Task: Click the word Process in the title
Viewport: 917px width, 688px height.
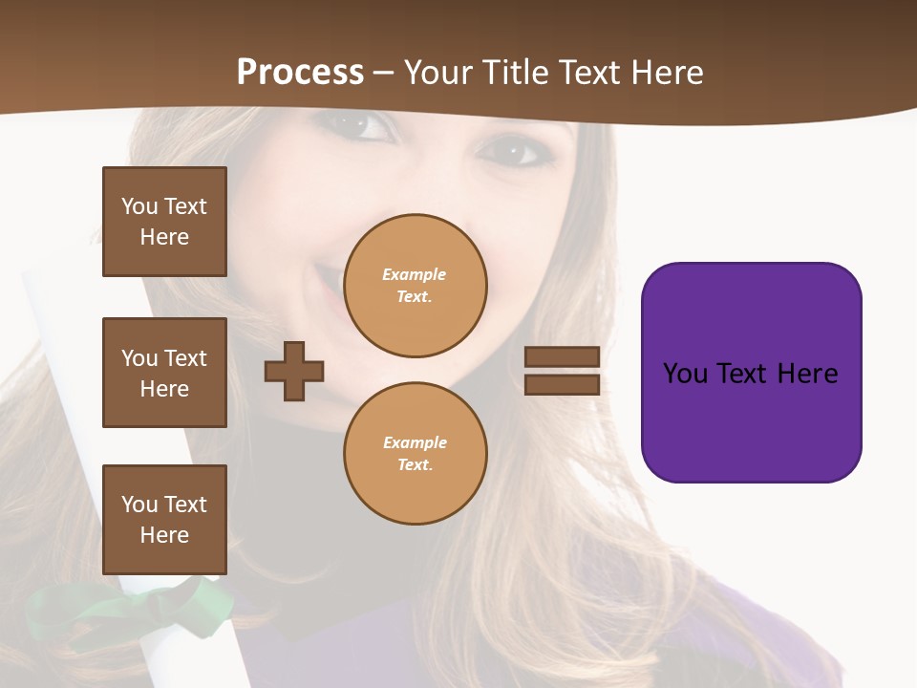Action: click(x=300, y=73)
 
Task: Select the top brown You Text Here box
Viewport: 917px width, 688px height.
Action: click(x=164, y=222)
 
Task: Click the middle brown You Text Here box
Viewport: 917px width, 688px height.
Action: click(x=164, y=373)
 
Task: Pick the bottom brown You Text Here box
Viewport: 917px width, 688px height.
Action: click(x=164, y=520)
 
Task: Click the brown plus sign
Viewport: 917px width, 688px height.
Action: click(x=294, y=372)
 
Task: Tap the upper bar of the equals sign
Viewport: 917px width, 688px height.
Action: click(x=562, y=357)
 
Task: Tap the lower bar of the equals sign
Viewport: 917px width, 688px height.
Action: click(x=562, y=384)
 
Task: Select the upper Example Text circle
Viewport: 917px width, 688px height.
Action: click(x=415, y=286)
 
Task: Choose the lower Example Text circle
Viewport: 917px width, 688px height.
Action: click(x=415, y=453)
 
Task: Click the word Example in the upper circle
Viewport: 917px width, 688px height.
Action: click(x=415, y=274)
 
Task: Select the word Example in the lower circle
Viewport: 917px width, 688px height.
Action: click(x=415, y=442)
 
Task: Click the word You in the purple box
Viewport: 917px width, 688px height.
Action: click(x=685, y=374)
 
